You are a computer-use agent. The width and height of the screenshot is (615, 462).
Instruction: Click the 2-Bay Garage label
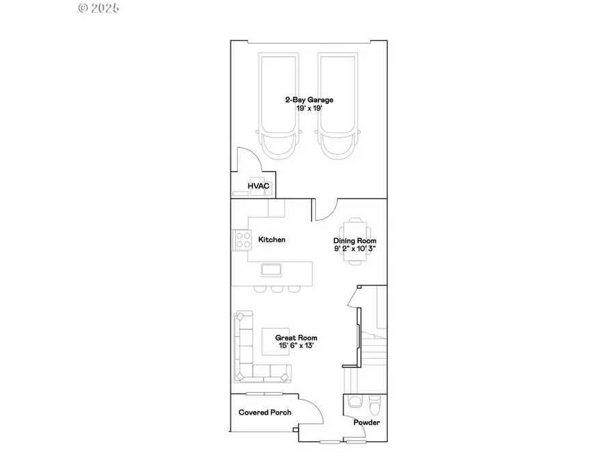309,100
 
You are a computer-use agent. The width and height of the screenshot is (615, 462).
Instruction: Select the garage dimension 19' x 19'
309,109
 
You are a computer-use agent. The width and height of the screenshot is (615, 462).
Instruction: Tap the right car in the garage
339,106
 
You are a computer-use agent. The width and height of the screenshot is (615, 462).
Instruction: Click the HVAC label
258,185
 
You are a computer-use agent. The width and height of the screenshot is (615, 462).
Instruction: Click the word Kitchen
271,240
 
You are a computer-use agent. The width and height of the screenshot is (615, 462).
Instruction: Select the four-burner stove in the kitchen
243,240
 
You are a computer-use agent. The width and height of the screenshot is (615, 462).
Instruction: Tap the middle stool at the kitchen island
277,288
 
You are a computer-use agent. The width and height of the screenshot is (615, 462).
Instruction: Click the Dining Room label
355,241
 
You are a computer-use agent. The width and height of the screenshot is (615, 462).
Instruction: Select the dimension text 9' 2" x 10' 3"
355,249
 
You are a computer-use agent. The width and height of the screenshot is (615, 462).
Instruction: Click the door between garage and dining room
327,209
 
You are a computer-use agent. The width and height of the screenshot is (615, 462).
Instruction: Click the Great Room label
296,337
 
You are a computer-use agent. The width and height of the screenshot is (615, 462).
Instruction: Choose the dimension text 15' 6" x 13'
296,346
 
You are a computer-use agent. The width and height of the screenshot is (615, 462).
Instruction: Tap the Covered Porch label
264,412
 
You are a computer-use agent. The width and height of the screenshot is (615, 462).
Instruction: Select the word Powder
366,422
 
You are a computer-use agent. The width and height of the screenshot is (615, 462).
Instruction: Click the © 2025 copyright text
99,8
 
